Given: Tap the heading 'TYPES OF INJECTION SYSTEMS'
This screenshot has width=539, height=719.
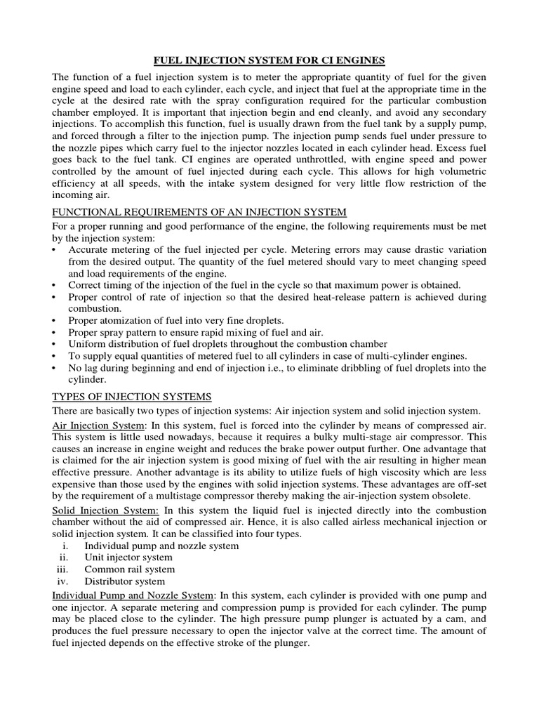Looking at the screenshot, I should coord(132,397).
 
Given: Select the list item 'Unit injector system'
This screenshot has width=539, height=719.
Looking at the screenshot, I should coord(129,557).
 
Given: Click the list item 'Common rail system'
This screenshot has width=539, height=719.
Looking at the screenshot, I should coord(129,569).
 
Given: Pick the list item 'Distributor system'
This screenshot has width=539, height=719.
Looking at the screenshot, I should coord(125,581).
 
